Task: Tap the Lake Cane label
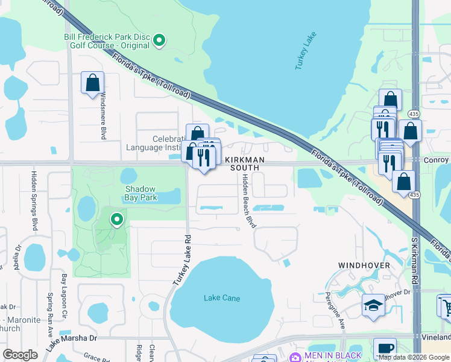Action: click(222, 298)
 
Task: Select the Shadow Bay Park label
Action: click(140, 192)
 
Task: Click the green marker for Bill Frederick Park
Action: click(159, 40)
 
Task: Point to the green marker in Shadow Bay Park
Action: click(117, 220)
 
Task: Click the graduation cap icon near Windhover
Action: click(373, 305)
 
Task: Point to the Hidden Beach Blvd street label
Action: click(248, 201)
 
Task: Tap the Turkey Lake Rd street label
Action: click(181, 259)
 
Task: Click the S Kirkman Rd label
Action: click(415, 260)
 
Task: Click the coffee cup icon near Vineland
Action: click(385, 348)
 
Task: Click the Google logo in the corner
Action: click(20, 354)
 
